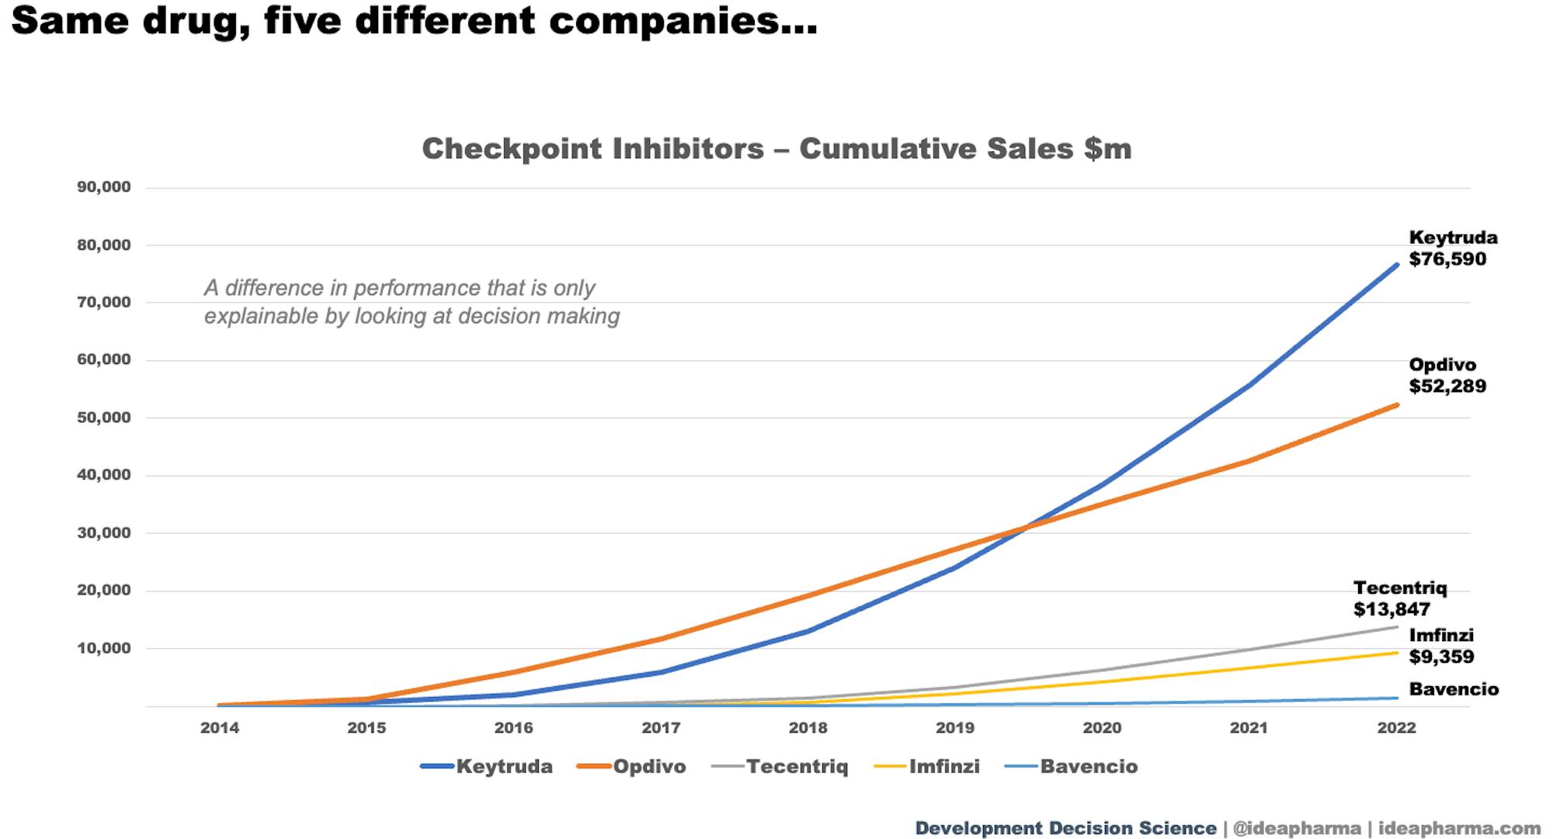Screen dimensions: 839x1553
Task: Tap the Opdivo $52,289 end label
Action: (1447, 376)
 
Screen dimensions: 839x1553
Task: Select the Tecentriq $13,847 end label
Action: (1399, 598)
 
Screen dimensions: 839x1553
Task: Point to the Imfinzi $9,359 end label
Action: (1441, 646)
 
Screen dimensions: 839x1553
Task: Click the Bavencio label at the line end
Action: (1454, 689)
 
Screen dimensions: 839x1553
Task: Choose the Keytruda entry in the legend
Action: (487, 767)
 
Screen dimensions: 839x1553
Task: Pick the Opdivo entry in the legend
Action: (632, 767)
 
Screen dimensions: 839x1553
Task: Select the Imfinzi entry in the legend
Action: (927, 767)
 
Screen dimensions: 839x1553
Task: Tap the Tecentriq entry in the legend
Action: (780, 767)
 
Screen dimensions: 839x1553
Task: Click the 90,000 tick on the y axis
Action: (104, 187)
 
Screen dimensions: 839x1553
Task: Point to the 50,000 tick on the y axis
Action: (104, 418)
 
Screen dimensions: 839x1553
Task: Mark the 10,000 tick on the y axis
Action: (104, 648)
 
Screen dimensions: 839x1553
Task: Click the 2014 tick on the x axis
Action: (220, 728)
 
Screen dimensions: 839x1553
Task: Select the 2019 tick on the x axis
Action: (955, 728)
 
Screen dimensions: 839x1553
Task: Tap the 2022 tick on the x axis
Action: (1396, 728)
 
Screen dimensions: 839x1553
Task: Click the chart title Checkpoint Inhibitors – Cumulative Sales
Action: (776, 149)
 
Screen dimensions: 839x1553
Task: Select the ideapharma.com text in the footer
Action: (1460, 828)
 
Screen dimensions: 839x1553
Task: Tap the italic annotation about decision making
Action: (412, 302)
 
